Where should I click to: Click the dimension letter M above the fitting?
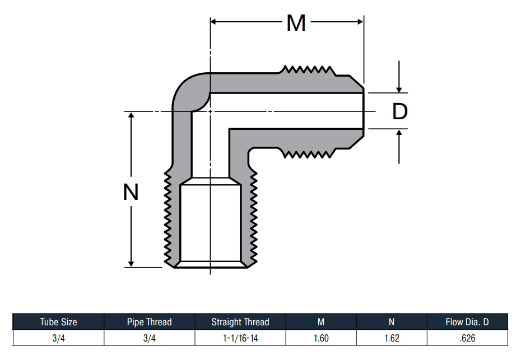pos(296,23)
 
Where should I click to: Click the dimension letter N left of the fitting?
pos(131,191)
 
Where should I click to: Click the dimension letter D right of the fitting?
pos(400,111)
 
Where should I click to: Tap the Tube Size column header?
pos(58,322)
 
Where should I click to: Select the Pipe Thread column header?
pos(149,322)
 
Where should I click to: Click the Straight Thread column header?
pos(240,322)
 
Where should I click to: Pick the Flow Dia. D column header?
pos(467,322)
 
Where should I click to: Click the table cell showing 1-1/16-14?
pos(240,338)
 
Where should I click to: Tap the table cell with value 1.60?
pos(321,338)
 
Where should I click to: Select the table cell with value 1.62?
pos(392,338)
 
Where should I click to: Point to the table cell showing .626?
pos(467,338)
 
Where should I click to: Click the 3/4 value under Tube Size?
pos(58,338)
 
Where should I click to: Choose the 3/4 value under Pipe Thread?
pos(149,338)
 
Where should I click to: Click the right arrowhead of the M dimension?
pos(360,22)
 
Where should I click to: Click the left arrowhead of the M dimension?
pos(213,22)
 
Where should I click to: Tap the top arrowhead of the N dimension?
pos(131,115)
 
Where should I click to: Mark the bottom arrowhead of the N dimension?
pos(131,264)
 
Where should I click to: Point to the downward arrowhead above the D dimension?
pos(399,90)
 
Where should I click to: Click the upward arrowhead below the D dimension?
pos(399,133)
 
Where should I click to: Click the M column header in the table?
pos(321,322)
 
